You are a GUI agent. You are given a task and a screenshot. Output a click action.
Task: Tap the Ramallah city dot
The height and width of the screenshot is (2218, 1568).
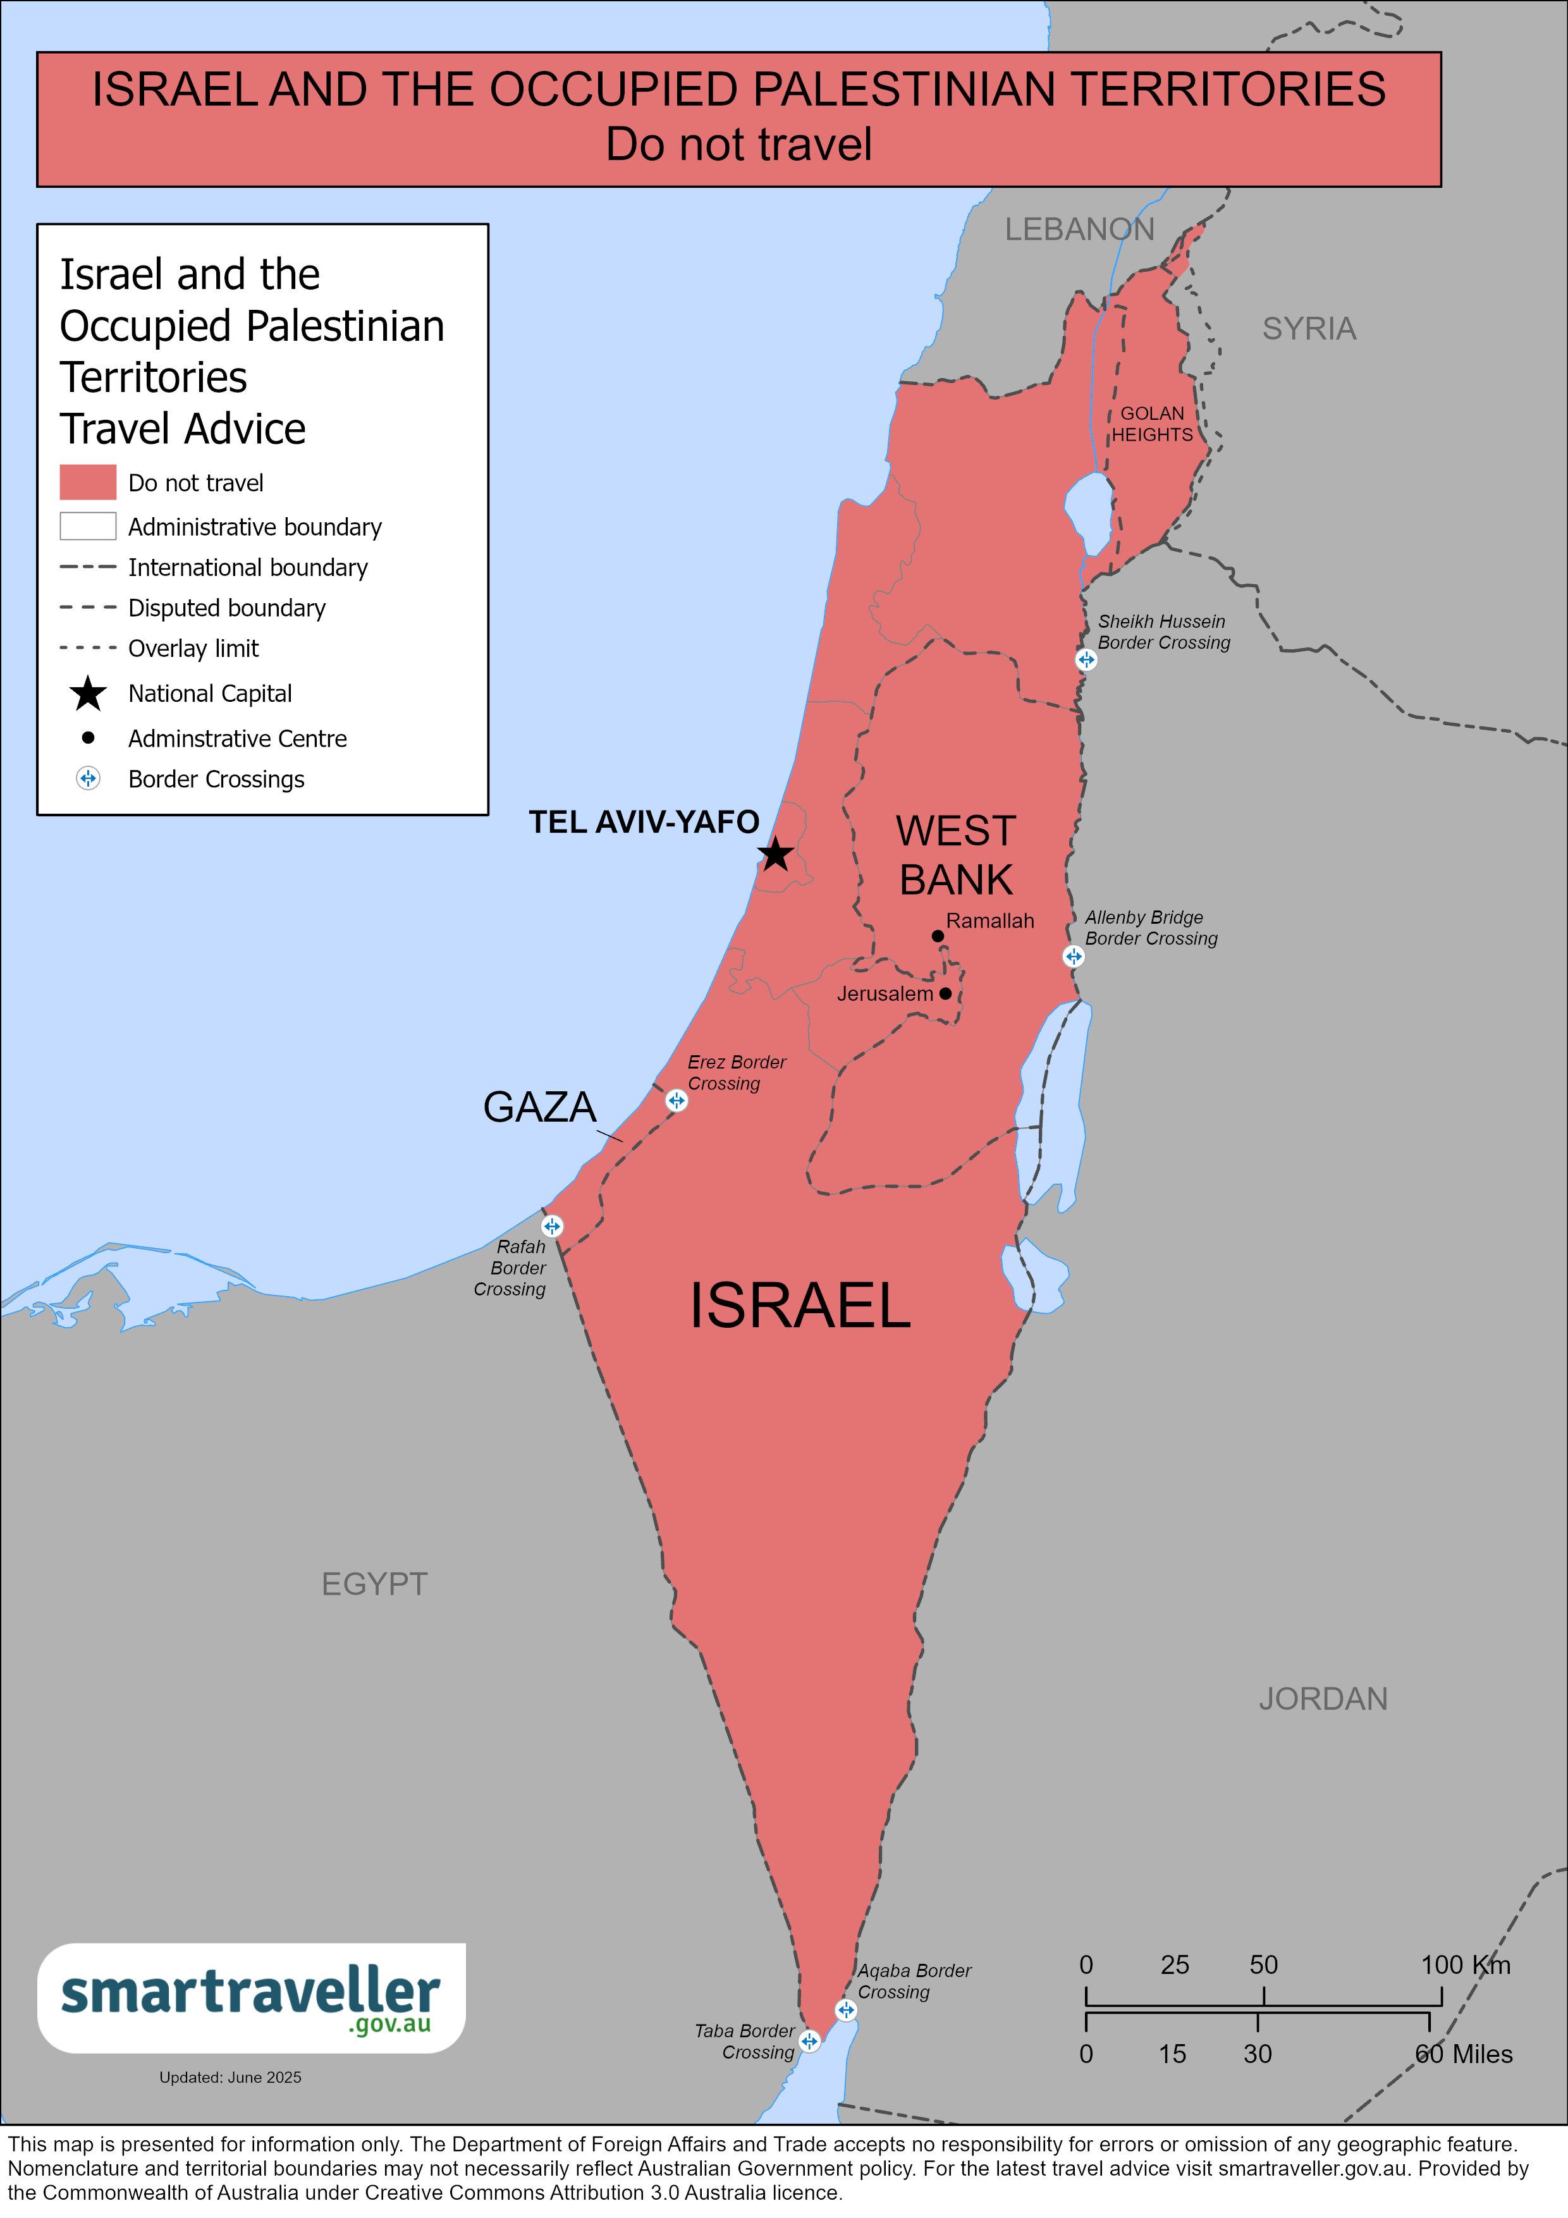coord(937,935)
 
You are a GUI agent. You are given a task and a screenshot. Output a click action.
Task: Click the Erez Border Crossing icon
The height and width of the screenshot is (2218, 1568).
coord(677,1100)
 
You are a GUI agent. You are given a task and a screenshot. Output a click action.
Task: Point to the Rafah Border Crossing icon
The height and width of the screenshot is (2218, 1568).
coord(552,1226)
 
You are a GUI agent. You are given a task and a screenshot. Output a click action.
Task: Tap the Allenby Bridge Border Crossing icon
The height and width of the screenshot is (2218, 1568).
coord(1074,957)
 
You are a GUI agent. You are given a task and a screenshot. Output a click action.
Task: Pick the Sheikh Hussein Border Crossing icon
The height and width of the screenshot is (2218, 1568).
coord(1086,660)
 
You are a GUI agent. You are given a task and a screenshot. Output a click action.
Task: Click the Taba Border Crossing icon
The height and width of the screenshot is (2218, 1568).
coord(809,2041)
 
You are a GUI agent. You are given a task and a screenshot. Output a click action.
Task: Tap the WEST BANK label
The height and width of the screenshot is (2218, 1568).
coord(955,855)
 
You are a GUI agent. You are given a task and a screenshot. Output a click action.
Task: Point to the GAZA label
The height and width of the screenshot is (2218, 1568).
coord(539,1107)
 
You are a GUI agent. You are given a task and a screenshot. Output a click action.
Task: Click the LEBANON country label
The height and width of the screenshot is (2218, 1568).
coord(1079,229)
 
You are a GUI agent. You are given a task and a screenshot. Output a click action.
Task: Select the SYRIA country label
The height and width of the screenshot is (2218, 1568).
coord(1309,328)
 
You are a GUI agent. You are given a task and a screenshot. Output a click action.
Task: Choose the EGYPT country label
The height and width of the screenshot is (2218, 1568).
coord(374,1583)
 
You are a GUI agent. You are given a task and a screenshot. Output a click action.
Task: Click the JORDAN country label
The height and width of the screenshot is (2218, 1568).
coord(1323,1725)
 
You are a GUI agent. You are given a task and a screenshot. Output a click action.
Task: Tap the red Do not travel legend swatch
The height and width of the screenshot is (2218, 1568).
coord(88,482)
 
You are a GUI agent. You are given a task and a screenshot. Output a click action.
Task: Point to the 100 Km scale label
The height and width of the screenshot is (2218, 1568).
coord(1465,1964)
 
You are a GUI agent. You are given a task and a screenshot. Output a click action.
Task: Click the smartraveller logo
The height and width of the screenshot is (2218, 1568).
coord(251,1998)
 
